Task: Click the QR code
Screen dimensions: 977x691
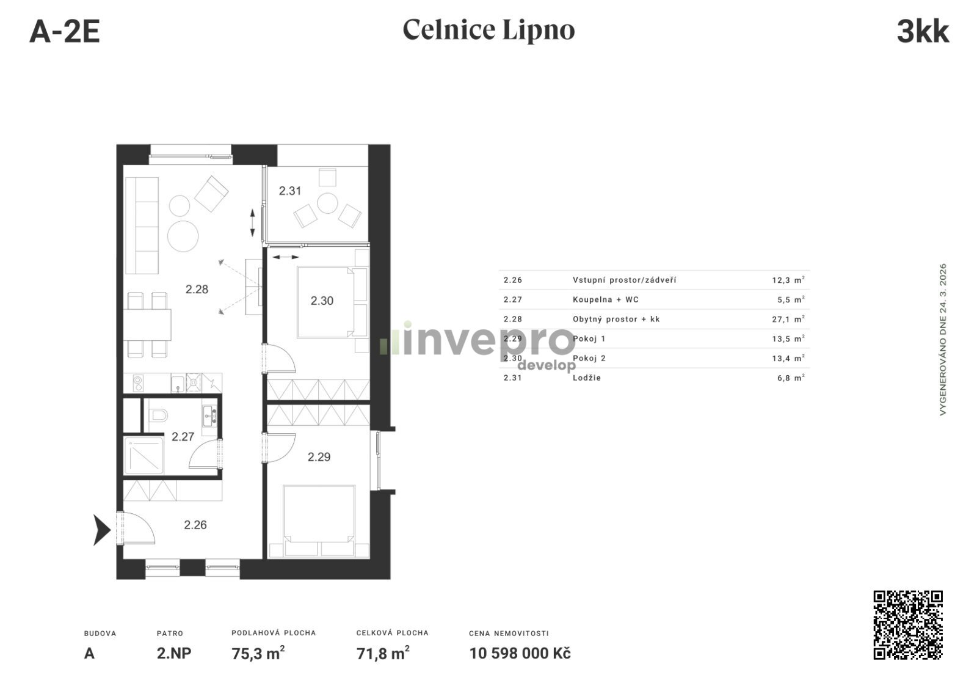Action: [x=907, y=624]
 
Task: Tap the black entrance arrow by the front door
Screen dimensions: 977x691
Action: [x=102, y=530]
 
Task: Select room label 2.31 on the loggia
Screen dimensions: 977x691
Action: [x=290, y=191]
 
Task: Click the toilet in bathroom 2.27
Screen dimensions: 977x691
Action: [x=158, y=415]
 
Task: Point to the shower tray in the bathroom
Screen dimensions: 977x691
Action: [x=144, y=455]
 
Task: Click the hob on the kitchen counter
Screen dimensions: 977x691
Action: [x=138, y=383]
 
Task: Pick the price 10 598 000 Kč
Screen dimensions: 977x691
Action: [x=520, y=654]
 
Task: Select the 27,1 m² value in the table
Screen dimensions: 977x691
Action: [x=788, y=319]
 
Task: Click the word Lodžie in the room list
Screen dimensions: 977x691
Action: [x=587, y=378]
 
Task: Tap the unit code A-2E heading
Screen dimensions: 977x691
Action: [x=65, y=31]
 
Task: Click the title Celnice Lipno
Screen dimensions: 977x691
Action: [x=488, y=30]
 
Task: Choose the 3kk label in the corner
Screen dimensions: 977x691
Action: [x=923, y=31]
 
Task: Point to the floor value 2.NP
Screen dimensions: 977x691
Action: [x=174, y=654]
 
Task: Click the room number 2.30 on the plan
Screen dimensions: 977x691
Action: [x=322, y=301]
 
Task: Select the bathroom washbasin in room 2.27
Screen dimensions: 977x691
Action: [x=209, y=416]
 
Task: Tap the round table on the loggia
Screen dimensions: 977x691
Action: [x=327, y=203]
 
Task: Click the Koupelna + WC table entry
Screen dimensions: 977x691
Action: [x=605, y=299]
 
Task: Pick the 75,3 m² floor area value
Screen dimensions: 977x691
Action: [x=258, y=653]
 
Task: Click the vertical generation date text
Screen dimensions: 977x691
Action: [x=943, y=339]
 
